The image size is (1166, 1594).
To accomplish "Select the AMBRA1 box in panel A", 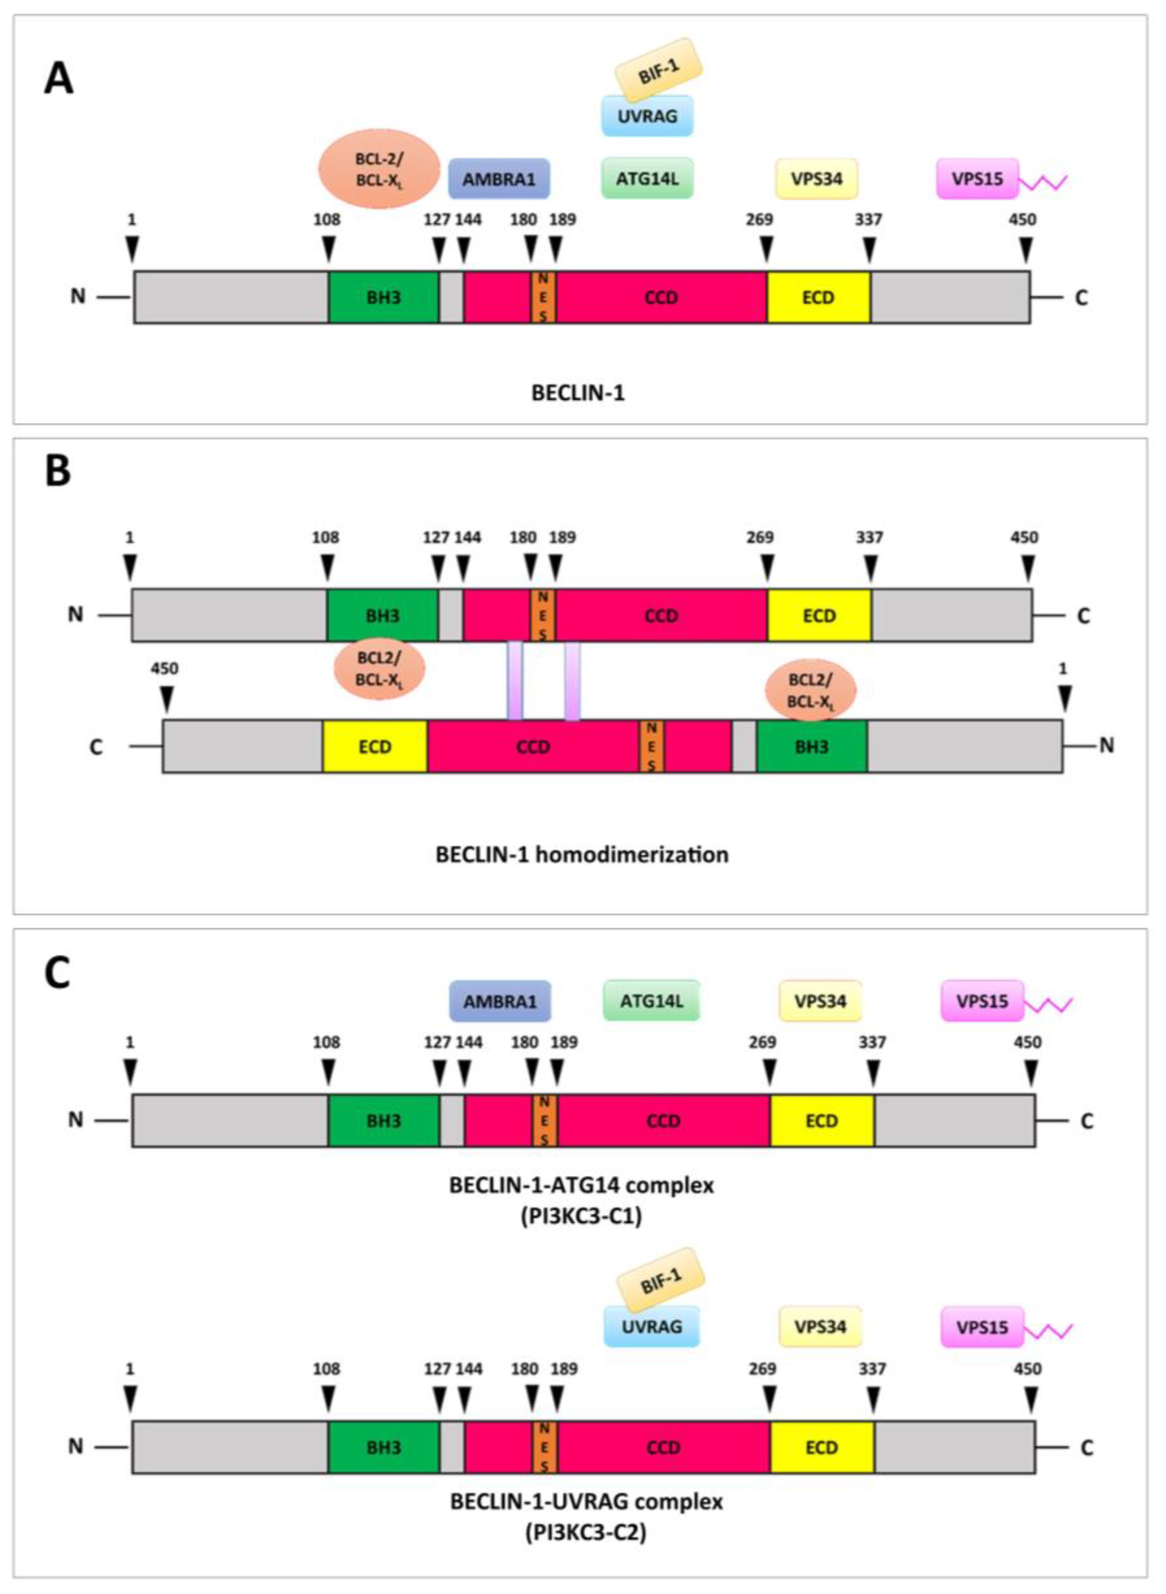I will click(499, 179).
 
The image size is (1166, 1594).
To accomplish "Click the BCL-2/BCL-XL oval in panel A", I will click(380, 169).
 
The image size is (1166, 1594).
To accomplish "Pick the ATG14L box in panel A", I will click(647, 178).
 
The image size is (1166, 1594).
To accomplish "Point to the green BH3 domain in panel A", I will click(383, 297).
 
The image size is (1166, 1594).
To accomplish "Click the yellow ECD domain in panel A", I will click(818, 297).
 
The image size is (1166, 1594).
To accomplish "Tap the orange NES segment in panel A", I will click(543, 297).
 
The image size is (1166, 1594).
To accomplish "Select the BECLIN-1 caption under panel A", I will click(578, 393).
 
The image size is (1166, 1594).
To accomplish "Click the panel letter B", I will click(58, 471).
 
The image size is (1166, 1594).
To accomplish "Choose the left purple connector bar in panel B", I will click(515, 681).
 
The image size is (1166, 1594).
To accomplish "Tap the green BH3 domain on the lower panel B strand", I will click(812, 746).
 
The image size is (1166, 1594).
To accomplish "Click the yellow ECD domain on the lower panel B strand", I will click(375, 746).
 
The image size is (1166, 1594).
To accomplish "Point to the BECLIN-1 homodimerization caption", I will click(582, 855).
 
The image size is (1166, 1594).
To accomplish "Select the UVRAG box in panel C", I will click(651, 1326).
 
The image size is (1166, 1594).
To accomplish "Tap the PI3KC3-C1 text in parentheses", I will click(582, 1218).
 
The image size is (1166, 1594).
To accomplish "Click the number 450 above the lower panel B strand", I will click(165, 668).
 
